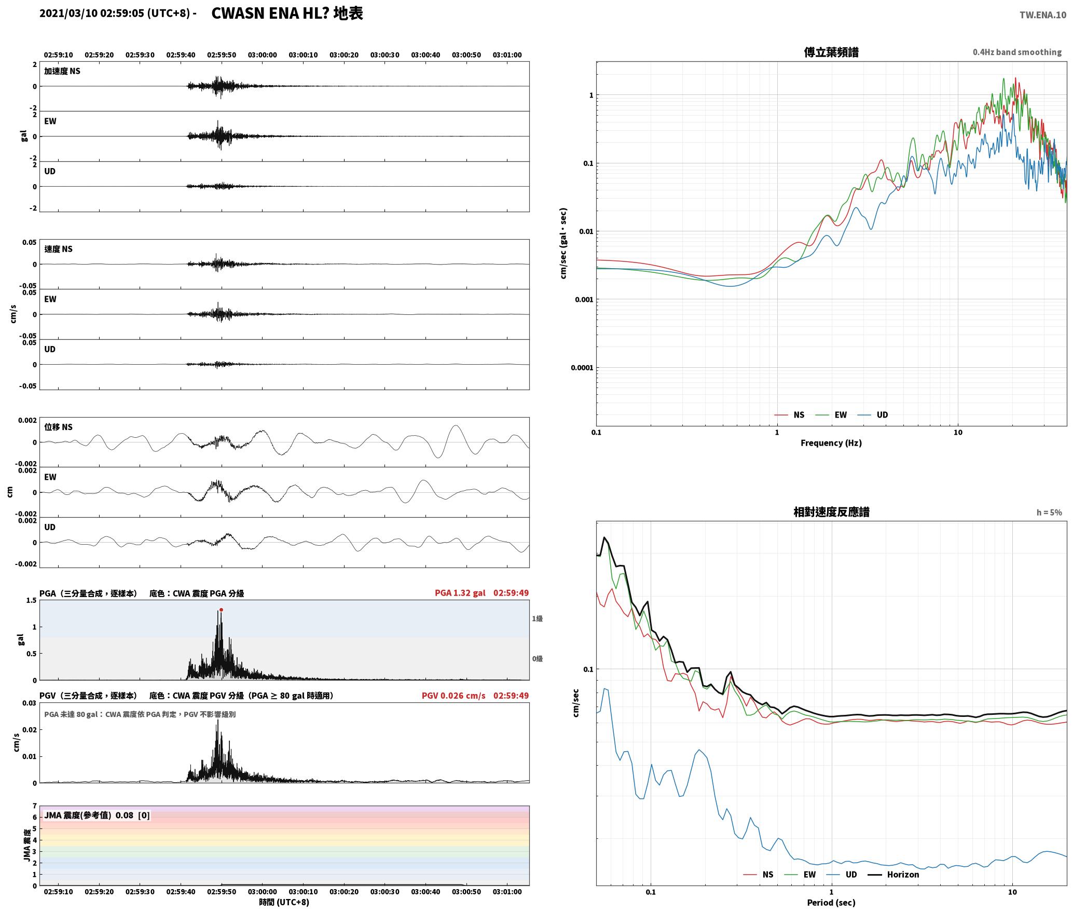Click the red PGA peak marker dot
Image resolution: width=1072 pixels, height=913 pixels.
point(221,610)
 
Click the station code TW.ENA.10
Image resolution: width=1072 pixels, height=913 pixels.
point(1043,15)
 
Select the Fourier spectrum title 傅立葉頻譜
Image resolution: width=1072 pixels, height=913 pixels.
point(831,52)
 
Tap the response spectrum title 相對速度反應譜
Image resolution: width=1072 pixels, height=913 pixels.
point(831,512)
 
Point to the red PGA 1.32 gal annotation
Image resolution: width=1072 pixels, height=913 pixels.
point(460,593)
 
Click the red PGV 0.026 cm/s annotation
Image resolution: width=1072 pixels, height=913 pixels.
point(453,696)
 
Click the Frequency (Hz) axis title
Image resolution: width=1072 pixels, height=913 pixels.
point(831,442)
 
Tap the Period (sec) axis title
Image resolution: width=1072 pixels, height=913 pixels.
point(831,903)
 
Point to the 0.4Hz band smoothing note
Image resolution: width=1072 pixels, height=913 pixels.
point(1017,52)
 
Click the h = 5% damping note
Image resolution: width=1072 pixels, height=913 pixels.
point(1049,513)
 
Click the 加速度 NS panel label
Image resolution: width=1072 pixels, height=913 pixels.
point(62,71)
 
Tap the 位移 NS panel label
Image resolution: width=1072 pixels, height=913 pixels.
point(59,427)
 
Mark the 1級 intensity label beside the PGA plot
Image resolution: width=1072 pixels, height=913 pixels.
point(537,618)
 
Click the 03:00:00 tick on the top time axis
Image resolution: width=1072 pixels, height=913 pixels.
point(262,54)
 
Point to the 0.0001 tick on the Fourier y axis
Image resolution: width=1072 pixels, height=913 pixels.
point(582,368)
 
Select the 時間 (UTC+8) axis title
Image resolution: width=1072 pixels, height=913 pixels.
point(284,902)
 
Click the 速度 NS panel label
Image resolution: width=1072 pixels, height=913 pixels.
point(59,249)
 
